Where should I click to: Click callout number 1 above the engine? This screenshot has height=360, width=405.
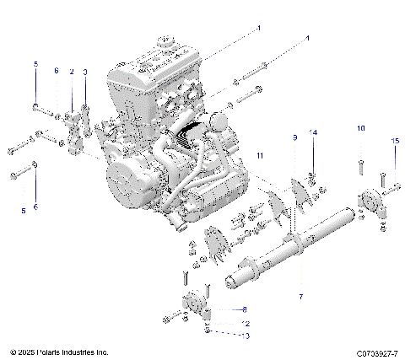pyautogui.click(x=259, y=28)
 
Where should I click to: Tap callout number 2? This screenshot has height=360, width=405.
pyautogui.click(x=72, y=72)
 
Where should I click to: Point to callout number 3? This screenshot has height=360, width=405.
pyautogui.click(x=84, y=72)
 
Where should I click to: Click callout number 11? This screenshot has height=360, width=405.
pyautogui.click(x=260, y=156)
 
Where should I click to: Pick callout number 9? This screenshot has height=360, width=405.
pyautogui.click(x=294, y=137)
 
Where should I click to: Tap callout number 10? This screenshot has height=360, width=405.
pyautogui.click(x=360, y=128)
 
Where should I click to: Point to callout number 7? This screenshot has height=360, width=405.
pyautogui.click(x=300, y=297)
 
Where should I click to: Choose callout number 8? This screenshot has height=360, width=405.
pyautogui.click(x=244, y=309)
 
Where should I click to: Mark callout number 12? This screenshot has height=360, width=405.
pyautogui.click(x=246, y=323)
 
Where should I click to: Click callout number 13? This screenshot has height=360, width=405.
pyautogui.click(x=246, y=335)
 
